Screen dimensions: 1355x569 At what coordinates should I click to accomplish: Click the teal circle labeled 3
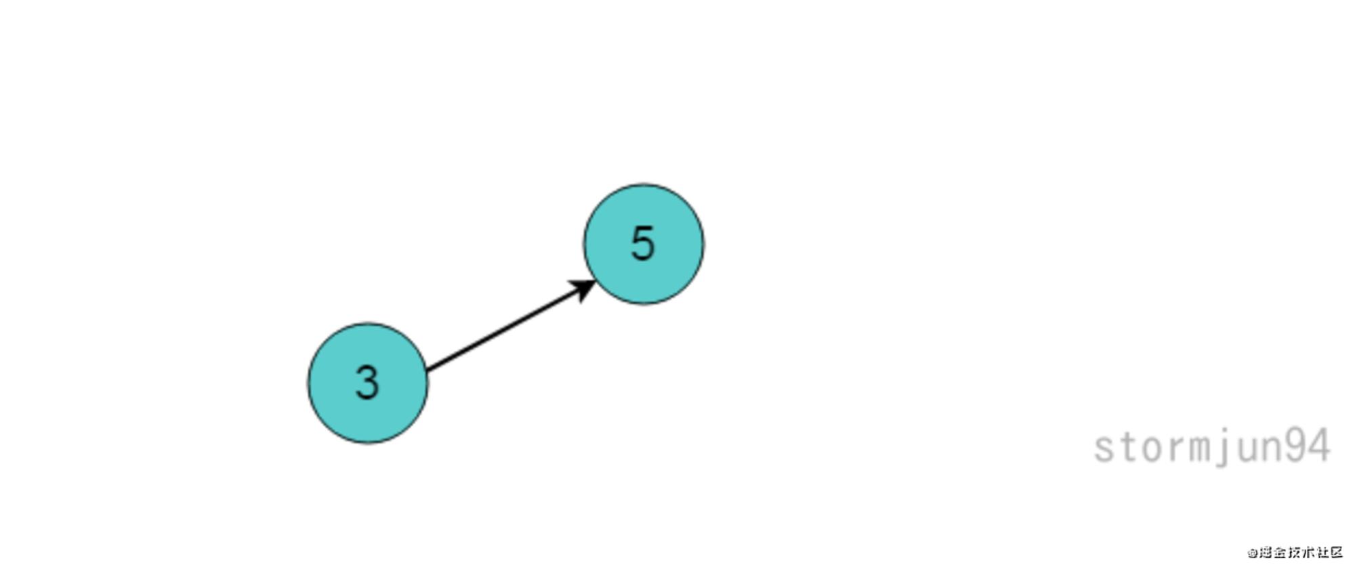(x=368, y=383)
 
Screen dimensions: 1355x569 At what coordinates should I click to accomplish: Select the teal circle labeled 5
(x=644, y=244)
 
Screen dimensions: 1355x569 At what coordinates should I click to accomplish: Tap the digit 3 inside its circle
(x=367, y=383)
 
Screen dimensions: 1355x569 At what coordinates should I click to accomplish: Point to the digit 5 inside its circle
(x=643, y=243)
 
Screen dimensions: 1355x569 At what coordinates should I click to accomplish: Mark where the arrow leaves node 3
(x=428, y=371)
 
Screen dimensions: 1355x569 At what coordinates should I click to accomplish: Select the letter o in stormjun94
(x=1152, y=448)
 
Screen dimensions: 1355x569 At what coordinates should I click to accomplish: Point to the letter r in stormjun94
(x=1177, y=448)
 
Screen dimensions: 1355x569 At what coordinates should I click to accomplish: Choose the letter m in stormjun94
(x=1201, y=448)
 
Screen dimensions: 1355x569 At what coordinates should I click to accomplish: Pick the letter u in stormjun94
(x=1248, y=449)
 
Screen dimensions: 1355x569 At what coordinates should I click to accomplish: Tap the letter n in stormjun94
(x=1272, y=448)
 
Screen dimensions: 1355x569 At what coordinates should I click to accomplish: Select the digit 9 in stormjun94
(x=1296, y=446)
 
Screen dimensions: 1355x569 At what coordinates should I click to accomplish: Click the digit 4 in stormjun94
(x=1320, y=446)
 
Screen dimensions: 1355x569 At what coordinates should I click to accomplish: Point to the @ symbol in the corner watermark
(x=1252, y=553)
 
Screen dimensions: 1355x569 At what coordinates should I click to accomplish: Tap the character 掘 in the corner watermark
(x=1265, y=553)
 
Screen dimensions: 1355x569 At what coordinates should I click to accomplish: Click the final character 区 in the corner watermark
(x=1336, y=553)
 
